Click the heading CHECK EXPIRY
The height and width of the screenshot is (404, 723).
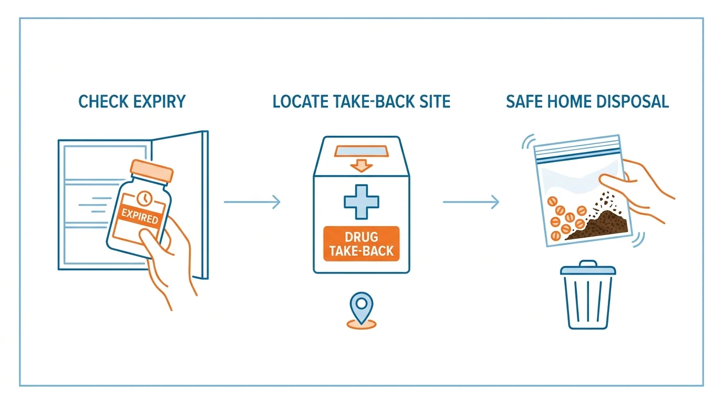coord(132,101)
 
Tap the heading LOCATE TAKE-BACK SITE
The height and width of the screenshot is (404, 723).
coord(361,101)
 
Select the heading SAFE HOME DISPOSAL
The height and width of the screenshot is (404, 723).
coord(587,101)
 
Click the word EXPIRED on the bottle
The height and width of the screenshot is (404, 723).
coord(139,216)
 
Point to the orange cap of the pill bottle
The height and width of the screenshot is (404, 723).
coord(151,171)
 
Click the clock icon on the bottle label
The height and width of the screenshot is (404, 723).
coord(144,198)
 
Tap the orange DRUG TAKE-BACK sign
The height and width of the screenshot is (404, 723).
coord(361,243)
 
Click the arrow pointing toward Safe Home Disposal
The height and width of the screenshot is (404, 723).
coord(471,201)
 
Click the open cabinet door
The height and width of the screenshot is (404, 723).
coord(202,205)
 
